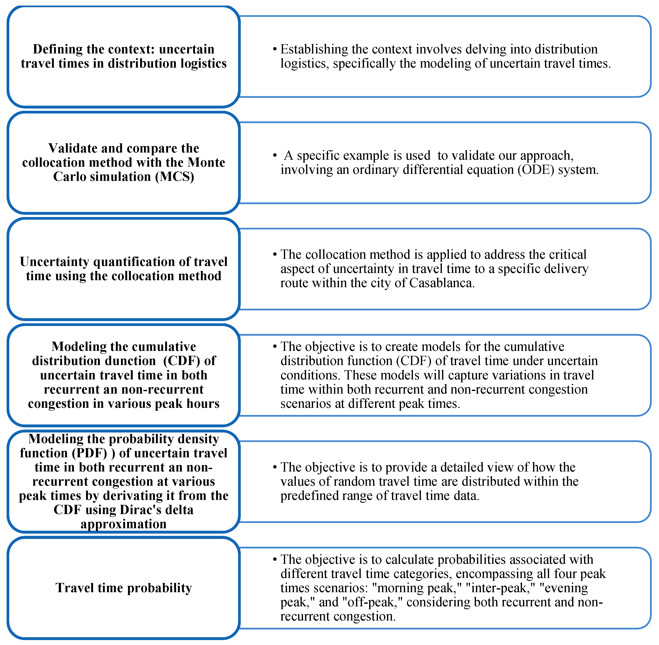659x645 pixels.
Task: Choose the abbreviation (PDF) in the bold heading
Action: (89, 453)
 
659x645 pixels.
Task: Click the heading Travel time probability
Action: (124, 588)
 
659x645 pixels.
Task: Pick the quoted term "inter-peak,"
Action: (500, 588)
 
